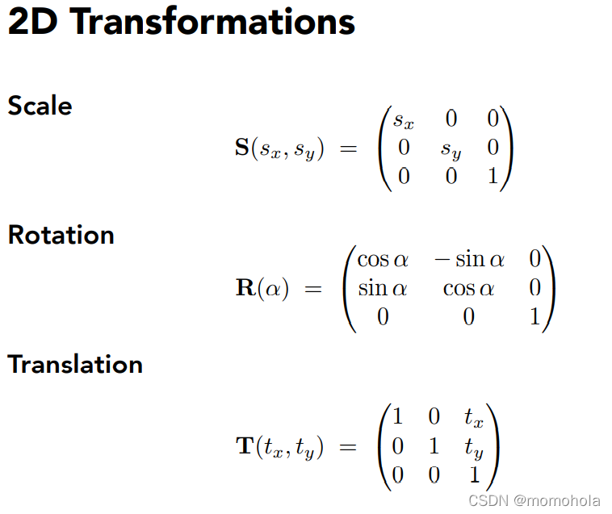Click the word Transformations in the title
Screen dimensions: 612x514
tap(213, 22)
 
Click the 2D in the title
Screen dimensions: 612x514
tap(33, 22)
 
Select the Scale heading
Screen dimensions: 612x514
tap(40, 105)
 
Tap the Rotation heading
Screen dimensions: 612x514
tap(61, 235)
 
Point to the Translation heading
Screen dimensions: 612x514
tap(75, 364)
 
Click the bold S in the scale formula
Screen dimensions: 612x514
tap(242, 148)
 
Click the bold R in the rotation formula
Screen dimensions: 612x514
tap(245, 287)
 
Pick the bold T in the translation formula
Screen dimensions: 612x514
tap(245, 445)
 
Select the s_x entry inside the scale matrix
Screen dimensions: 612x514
tap(403, 120)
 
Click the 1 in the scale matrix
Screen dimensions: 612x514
tap(493, 175)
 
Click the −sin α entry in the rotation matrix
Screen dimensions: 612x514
tap(470, 259)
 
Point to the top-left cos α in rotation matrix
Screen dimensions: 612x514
tap(383, 260)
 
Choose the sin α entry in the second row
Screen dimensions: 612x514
tap(383, 289)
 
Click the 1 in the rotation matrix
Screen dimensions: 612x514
tap(534, 316)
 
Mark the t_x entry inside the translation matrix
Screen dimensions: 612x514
tap(474, 417)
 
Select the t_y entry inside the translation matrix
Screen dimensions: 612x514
tap(474, 448)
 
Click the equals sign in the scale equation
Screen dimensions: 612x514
tap(349, 148)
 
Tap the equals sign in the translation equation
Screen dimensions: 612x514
tap(348, 446)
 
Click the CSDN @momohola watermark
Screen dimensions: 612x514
tap(534, 500)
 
